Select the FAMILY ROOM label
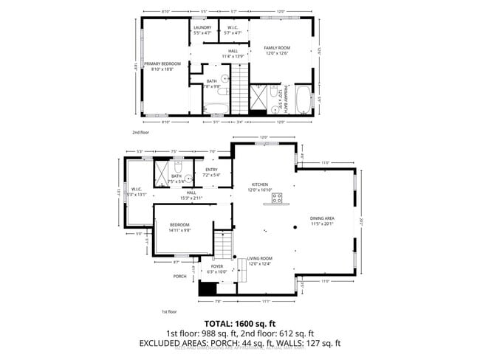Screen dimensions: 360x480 point(280,47)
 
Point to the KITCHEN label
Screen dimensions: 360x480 point(259,184)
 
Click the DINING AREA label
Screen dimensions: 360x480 point(322,218)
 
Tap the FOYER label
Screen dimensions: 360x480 point(217,267)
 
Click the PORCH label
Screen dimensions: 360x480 point(179,277)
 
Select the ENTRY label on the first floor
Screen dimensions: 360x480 point(212,170)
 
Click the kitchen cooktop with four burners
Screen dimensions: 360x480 point(278,198)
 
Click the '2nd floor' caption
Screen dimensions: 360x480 point(141,133)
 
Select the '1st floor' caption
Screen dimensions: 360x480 point(170,312)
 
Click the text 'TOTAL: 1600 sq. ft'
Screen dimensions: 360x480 point(240,323)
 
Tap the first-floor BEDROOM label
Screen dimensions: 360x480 point(179,224)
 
